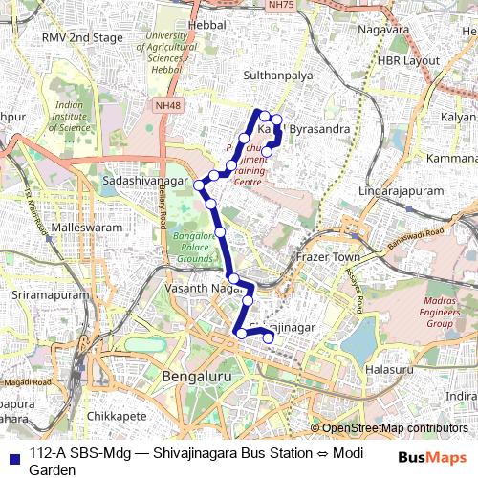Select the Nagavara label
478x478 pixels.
(x=383, y=29)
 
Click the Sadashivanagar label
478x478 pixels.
(x=144, y=179)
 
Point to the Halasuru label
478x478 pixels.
(x=389, y=368)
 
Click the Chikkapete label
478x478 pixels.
(x=114, y=417)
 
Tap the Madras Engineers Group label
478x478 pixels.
(x=425, y=314)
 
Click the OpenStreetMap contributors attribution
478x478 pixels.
(x=395, y=428)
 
